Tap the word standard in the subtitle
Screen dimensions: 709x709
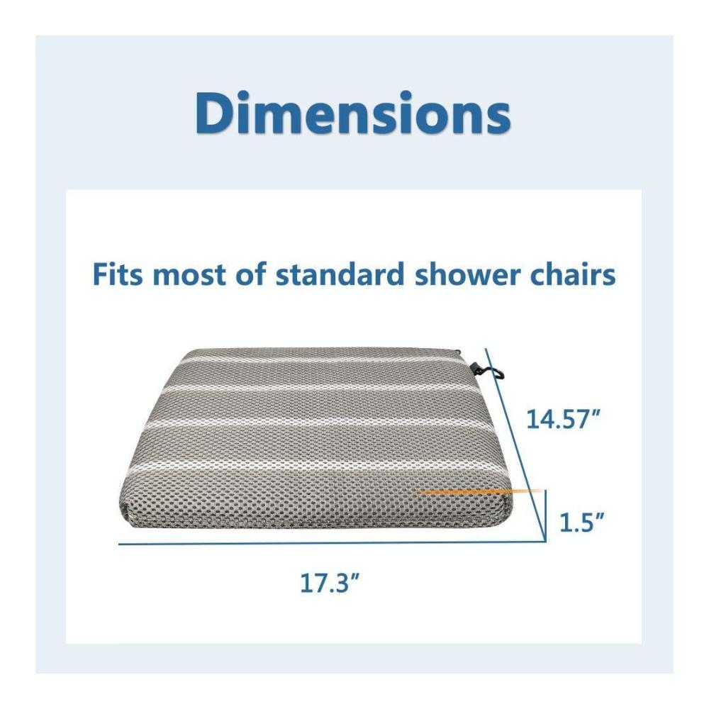point(340,274)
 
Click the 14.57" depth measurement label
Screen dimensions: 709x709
point(563,418)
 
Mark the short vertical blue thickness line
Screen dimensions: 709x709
point(546,515)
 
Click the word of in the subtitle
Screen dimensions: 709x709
point(250,274)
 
